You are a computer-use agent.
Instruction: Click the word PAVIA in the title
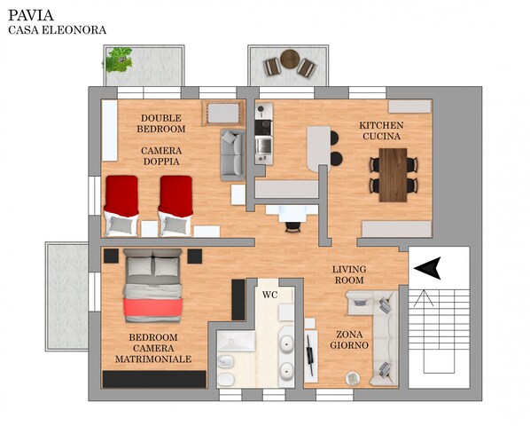[x=31, y=15]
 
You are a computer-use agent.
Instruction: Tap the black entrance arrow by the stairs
[x=427, y=268]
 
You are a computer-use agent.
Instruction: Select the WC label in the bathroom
[x=270, y=295]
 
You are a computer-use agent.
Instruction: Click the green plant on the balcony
[x=118, y=59]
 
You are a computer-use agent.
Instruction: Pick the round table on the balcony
[x=290, y=59]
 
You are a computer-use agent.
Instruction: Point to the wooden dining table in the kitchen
[x=393, y=175]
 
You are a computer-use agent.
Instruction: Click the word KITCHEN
[x=381, y=125]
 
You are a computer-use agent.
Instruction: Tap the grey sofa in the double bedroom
[x=232, y=154]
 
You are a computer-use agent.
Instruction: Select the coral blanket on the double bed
[x=152, y=307]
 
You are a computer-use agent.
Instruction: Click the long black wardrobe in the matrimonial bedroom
[x=154, y=379]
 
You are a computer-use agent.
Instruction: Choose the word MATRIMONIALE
[x=153, y=359]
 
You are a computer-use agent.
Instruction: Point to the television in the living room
[x=310, y=354]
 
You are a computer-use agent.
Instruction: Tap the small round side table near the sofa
[x=353, y=379]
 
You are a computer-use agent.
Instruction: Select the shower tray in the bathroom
[x=236, y=341]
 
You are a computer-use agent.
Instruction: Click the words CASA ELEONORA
[x=57, y=30]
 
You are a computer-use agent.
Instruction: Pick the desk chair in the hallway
[x=292, y=226]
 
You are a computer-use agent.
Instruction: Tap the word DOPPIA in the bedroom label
[x=161, y=162]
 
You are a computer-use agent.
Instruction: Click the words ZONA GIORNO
[x=349, y=340]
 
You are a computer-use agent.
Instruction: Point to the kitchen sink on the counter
[x=263, y=146]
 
